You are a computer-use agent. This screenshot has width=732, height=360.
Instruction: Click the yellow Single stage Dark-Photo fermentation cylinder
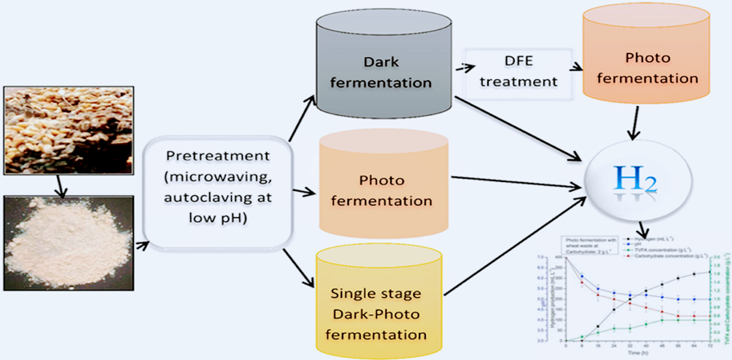click(378, 307)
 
